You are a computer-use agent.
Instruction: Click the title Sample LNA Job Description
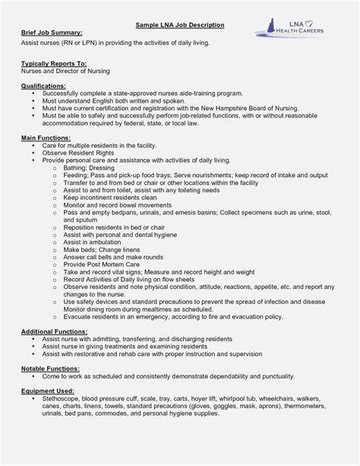click(180, 25)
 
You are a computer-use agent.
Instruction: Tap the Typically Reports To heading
click(54, 64)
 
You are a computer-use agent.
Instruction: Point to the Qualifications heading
click(43, 87)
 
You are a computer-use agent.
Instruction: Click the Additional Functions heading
click(55, 332)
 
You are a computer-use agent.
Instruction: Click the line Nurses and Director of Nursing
click(65, 71)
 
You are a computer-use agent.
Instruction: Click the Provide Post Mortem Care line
click(101, 263)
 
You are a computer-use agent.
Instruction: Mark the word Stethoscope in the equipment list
click(62, 398)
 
